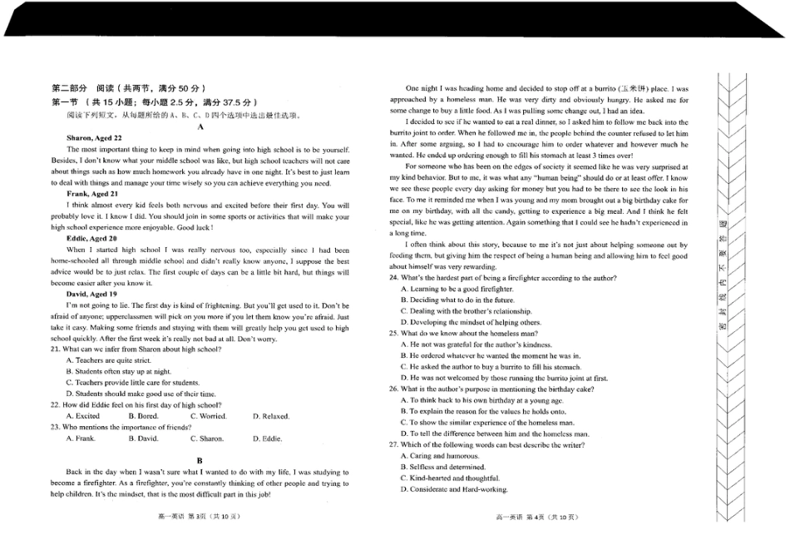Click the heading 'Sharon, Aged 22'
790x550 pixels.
tap(94, 138)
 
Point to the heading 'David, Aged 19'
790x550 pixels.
tap(91, 294)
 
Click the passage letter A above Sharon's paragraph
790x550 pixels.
tap(200, 126)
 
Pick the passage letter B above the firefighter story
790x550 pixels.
tap(200, 460)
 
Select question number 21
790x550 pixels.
tap(56, 349)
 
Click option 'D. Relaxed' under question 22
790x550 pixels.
tap(271, 416)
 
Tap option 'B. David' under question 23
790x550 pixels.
tap(143, 439)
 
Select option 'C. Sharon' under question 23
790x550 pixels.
tap(207, 439)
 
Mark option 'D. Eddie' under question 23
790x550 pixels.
tap(268, 439)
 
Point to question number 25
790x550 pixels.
tap(395, 333)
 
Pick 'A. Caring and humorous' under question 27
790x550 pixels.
tap(440, 456)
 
